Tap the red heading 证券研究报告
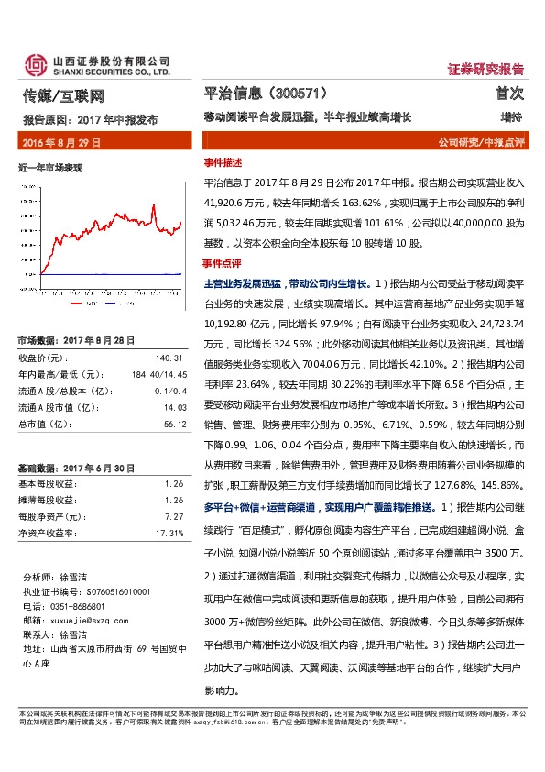click(x=485, y=69)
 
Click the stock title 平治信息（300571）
click(x=264, y=94)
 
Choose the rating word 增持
click(x=511, y=118)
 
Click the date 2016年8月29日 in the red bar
click(x=61, y=143)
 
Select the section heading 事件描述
click(x=223, y=160)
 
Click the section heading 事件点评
click(x=223, y=263)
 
